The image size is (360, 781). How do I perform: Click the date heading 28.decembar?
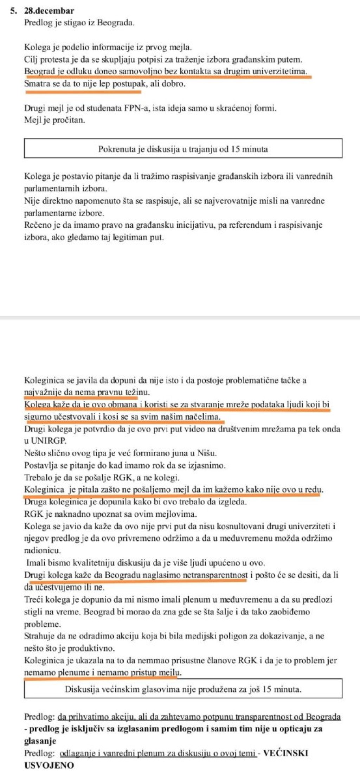coord(49,11)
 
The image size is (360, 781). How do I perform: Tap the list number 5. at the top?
coord(13,11)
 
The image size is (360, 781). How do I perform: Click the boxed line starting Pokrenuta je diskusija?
coord(183,149)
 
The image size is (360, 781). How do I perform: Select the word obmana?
coord(122,405)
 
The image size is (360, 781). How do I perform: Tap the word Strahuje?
coord(38,636)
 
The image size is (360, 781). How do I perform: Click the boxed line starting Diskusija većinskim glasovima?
coord(183,689)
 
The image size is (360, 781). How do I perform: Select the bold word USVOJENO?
coord(49,765)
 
